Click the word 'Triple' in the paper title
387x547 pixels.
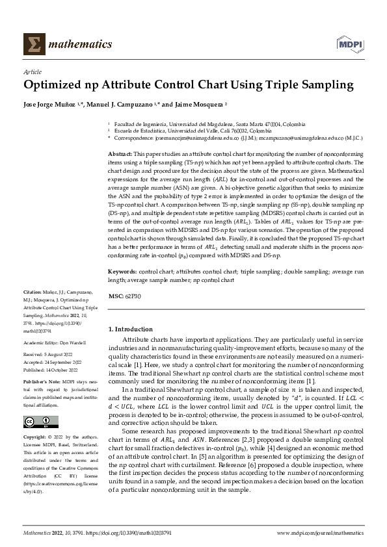(x=283, y=85)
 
